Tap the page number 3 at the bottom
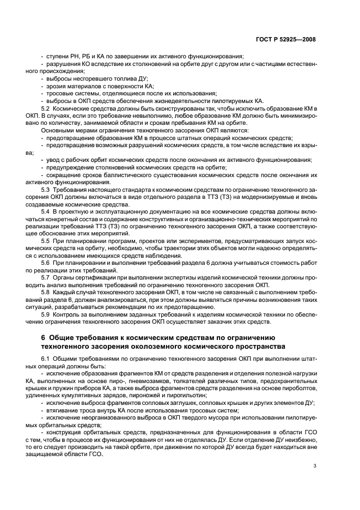pyautogui.click(x=315, y=465)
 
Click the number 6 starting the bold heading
pyautogui.click(x=44, y=338)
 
